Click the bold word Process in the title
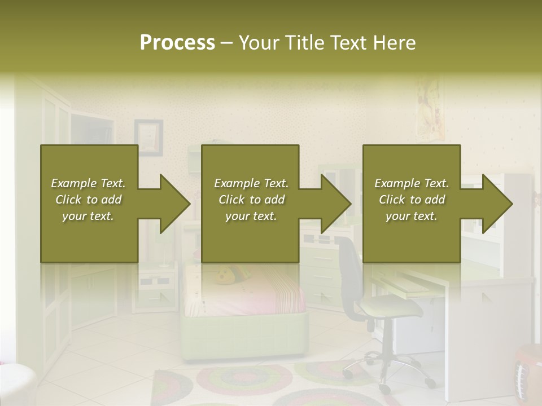(x=177, y=43)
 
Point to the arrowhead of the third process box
(x=495, y=204)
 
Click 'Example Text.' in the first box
(x=88, y=183)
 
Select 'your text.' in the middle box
(x=251, y=216)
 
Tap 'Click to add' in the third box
(x=412, y=200)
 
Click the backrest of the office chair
(x=351, y=277)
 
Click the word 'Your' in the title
(x=261, y=43)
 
